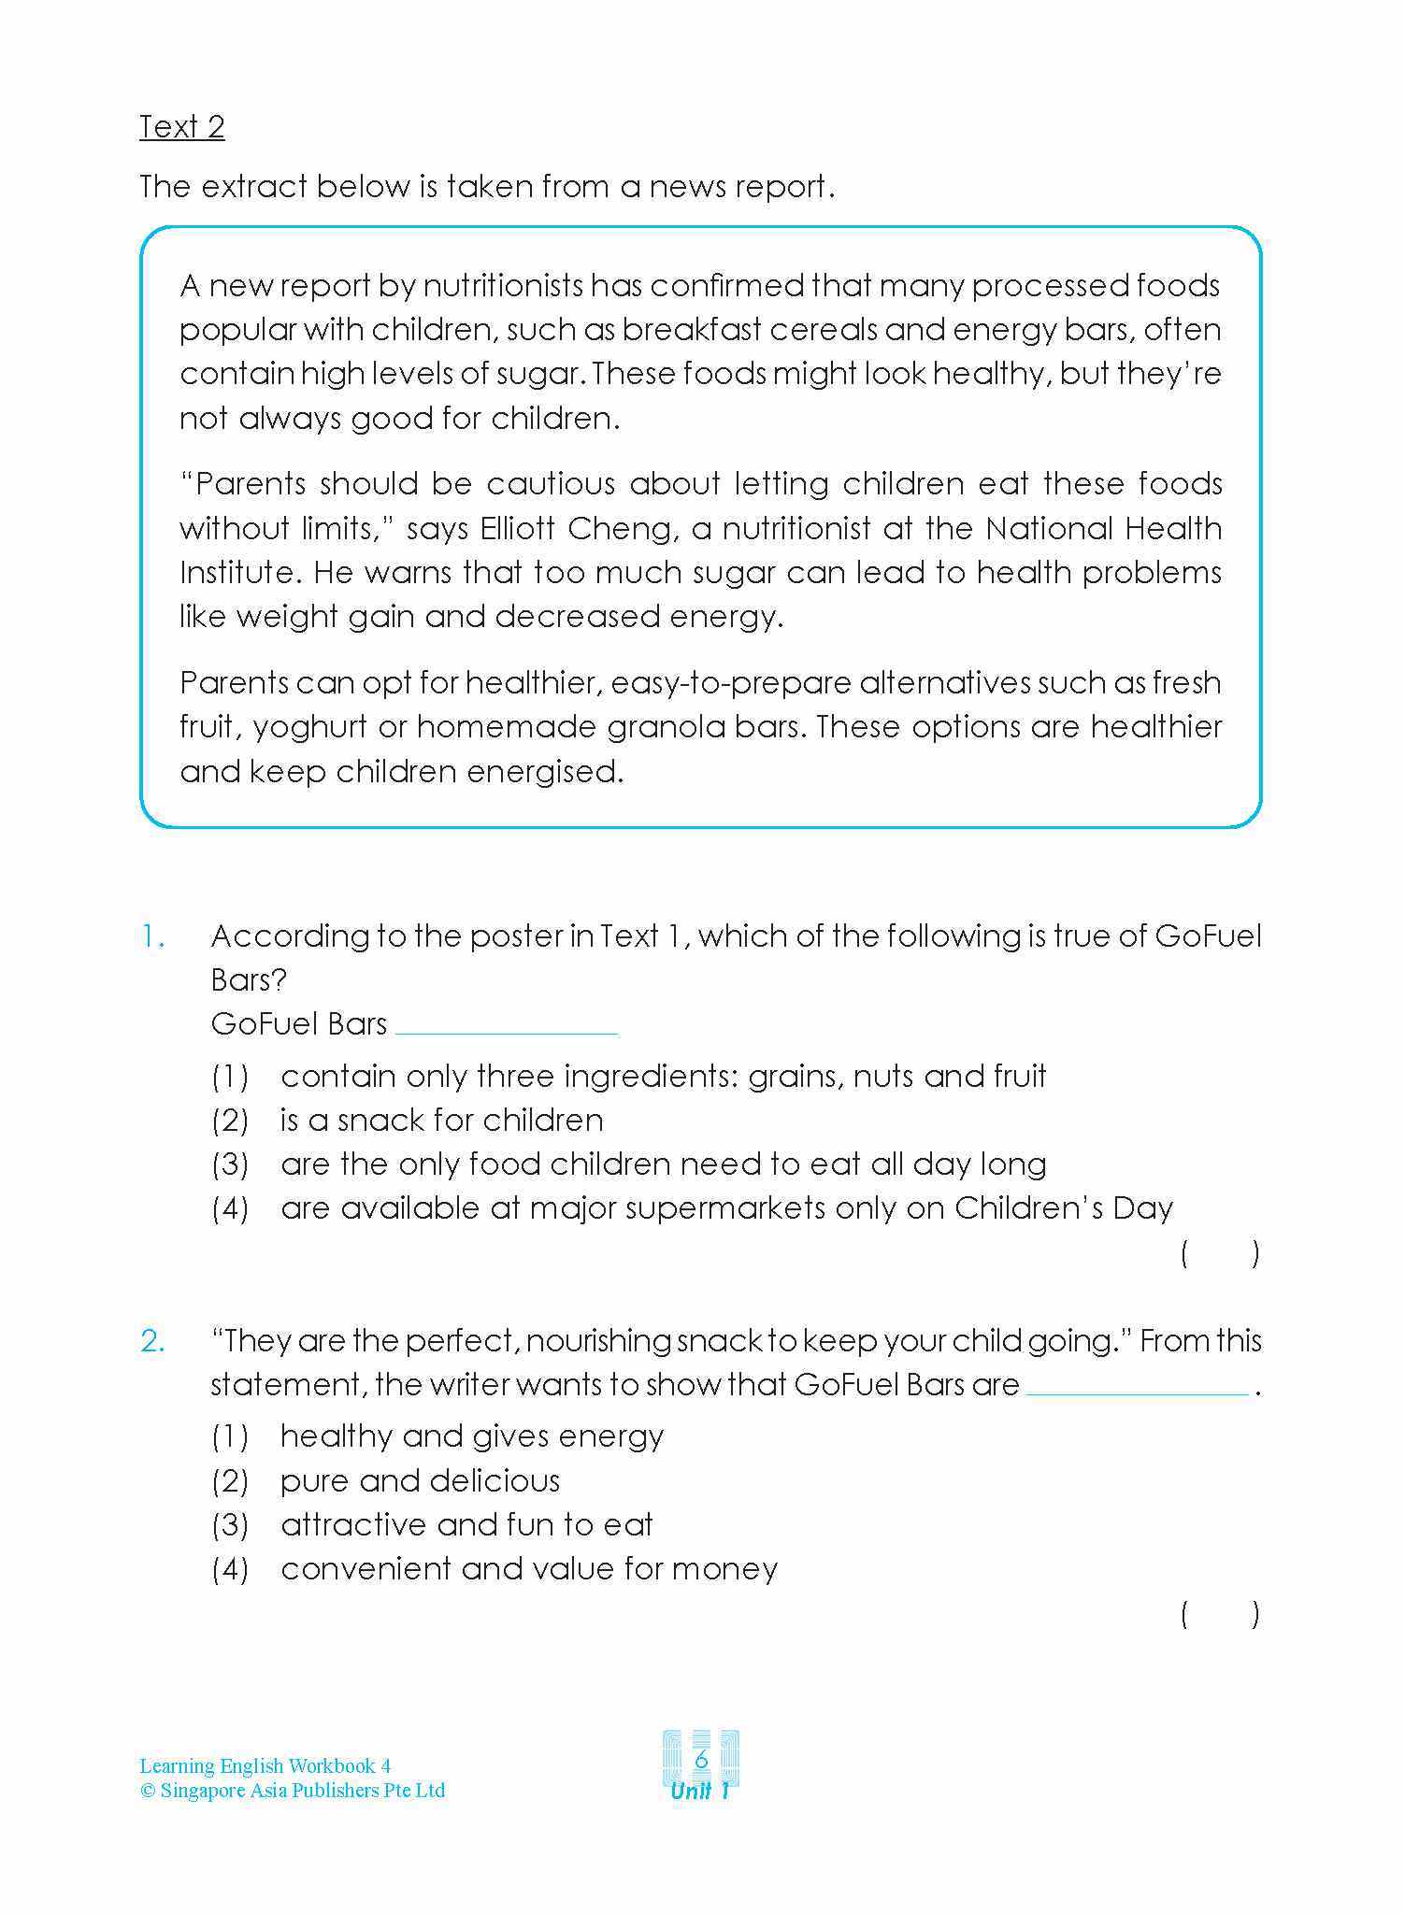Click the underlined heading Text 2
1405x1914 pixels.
pos(182,127)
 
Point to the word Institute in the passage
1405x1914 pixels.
pos(237,572)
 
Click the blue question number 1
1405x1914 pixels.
pos(153,936)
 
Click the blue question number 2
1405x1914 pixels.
pos(153,1341)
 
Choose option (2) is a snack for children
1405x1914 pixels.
pos(441,1120)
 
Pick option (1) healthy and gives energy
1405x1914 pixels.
pos(472,1435)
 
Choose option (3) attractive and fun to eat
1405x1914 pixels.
pos(466,1524)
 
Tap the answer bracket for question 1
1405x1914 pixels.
pos(1220,1253)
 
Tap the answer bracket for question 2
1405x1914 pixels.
pos(1220,1614)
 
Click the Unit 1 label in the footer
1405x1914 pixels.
pos(700,1791)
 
